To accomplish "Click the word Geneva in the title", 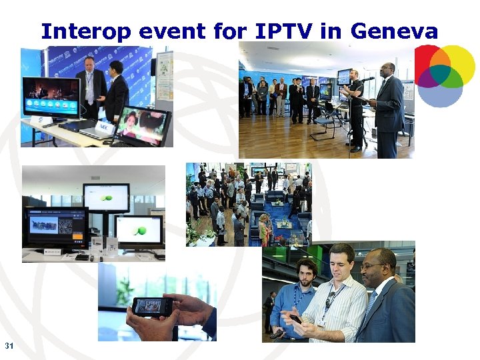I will tap(394, 31).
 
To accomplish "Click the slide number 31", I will tap(9, 345).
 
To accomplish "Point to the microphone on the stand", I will tap(366, 79).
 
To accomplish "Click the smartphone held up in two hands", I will tap(153, 306).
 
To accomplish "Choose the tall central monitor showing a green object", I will tap(106, 197).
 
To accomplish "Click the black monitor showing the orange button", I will tap(57, 227).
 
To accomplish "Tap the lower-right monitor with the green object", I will tap(139, 230).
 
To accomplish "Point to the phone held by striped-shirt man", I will tap(295, 319).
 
